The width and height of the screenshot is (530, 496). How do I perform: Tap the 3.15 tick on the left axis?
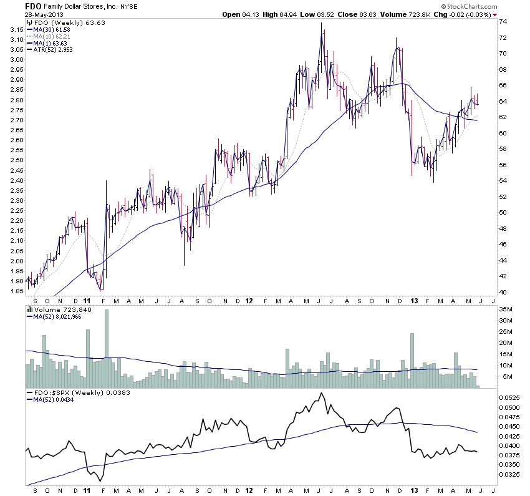click(16, 29)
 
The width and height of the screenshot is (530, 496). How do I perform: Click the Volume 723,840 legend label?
click(55, 309)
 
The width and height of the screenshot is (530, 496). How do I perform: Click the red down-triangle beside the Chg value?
click(494, 14)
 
